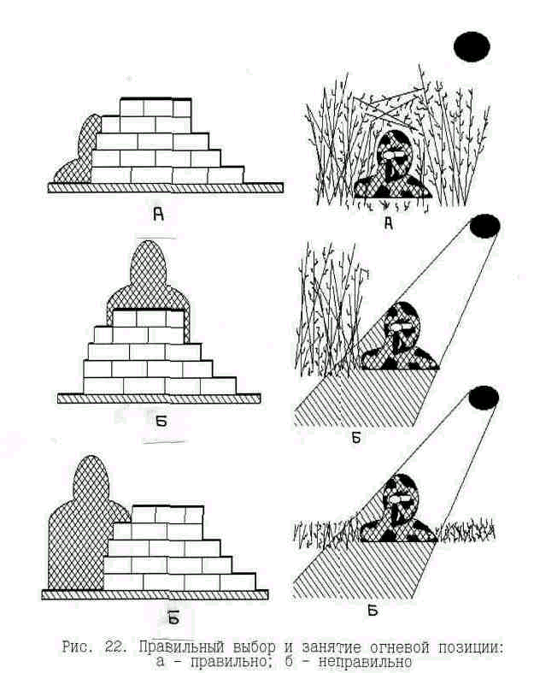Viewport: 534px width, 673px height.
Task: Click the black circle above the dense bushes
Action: click(x=472, y=46)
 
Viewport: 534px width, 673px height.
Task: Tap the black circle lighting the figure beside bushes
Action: click(x=484, y=227)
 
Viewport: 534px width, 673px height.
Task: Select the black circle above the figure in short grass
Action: click(x=484, y=398)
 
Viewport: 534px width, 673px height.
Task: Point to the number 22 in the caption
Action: click(x=115, y=646)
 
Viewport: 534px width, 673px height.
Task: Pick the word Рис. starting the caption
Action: click(x=77, y=646)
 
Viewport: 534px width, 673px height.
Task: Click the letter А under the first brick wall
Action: click(x=159, y=214)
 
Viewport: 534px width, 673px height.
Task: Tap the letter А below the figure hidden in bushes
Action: click(x=389, y=223)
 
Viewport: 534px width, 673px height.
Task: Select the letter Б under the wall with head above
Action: click(x=161, y=422)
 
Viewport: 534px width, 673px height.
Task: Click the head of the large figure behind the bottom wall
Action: click(x=90, y=476)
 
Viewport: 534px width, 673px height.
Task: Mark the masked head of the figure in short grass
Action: click(x=400, y=498)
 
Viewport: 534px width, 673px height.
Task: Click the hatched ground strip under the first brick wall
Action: click(x=166, y=187)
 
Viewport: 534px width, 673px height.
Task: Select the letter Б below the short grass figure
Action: click(x=373, y=610)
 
